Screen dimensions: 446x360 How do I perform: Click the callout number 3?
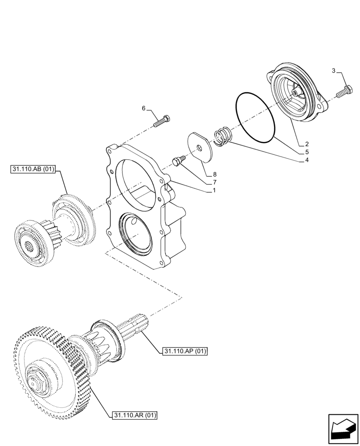click(x=334, y=71)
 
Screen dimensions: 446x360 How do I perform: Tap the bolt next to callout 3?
click(x=343, y=93)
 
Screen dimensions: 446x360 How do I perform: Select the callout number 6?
click(x=144, y=108)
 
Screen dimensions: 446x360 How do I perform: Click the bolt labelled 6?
click(x=163, y=121)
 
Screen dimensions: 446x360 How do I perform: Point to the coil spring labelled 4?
click(x=221, y=136)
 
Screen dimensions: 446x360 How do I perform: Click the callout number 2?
click(x=307, y=144)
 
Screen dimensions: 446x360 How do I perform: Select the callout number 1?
click(x=214, y=190)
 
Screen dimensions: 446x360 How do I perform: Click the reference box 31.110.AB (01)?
click(x=31, y=169)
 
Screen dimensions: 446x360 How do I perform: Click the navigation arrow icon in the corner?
click(x=343, y=429)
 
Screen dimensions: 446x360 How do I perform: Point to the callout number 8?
click(x=214, y=174)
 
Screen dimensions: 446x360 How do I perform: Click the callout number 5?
click(x=307, y=152)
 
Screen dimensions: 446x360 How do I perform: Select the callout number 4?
click(x=307, y=160)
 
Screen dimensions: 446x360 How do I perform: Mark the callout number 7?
click(x=214, y=182)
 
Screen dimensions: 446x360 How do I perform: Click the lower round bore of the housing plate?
click(x=135, y=234)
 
